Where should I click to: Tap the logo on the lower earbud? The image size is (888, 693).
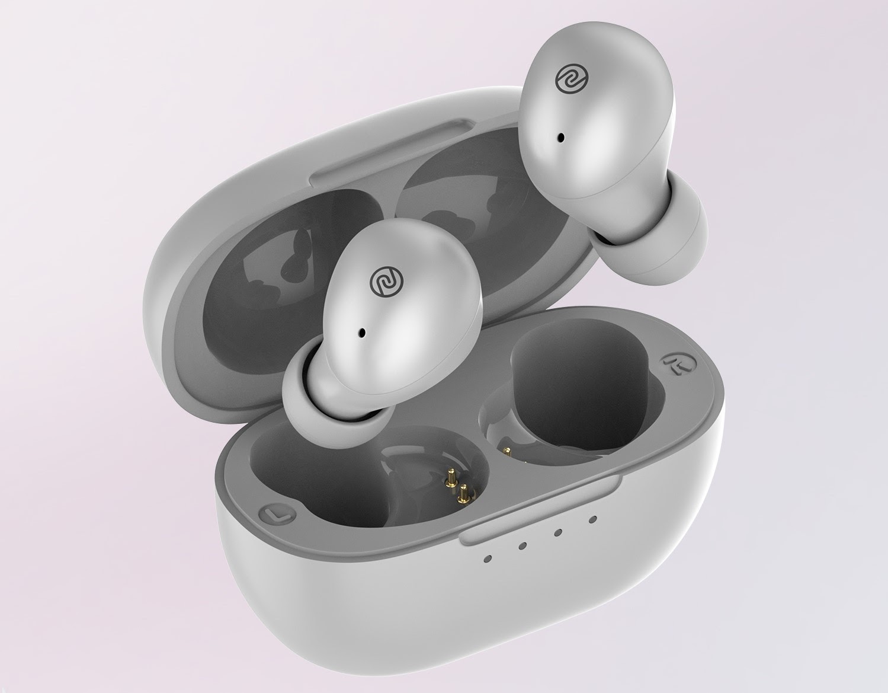[381, 280]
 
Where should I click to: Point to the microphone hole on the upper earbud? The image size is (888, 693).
[559, 138]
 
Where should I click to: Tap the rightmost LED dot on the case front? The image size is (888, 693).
[592, 520]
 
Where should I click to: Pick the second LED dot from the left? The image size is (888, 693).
[522, 545]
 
